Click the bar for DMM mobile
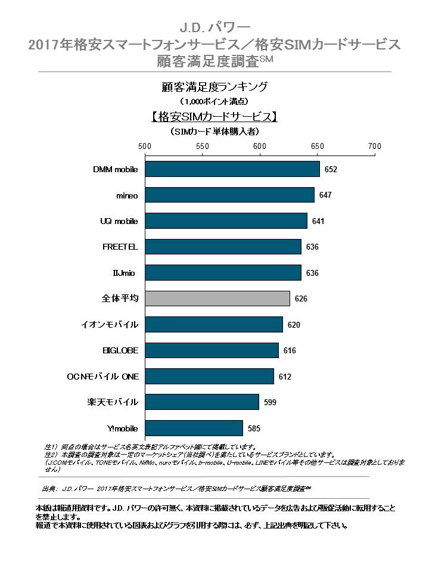click(232, 169)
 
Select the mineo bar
click(229, 195)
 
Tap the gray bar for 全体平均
click(217, 299)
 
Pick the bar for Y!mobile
click(194, 428)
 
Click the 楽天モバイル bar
click(202, 402)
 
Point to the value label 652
click(331, 170)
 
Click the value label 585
click(254, 428)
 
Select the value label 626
click(301, 299)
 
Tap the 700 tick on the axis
click(374, 146)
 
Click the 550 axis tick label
click(203, 146)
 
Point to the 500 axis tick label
click(145, 146)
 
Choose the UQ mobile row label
click(119, 221)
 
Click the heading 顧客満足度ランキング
click(214, 86)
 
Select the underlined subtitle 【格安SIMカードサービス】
click(214, 116)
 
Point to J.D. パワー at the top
click(214, 28)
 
